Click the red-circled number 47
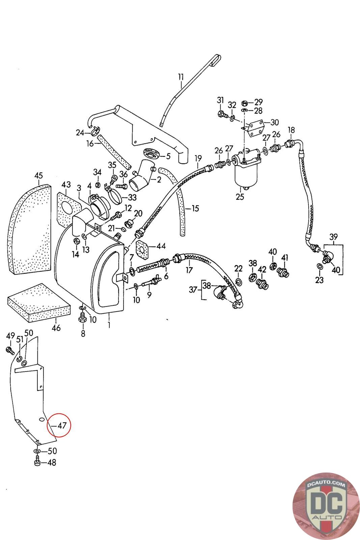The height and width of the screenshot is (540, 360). click(x=61, y=425)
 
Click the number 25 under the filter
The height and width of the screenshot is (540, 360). click(x=240, y=197)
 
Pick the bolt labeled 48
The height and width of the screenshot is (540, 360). click(x=38, y=462)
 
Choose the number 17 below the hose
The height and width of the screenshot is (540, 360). click(x=189, y=270)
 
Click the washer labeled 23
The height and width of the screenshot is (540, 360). click(x=319, y=267)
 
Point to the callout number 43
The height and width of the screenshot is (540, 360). click(x=66, y=185)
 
